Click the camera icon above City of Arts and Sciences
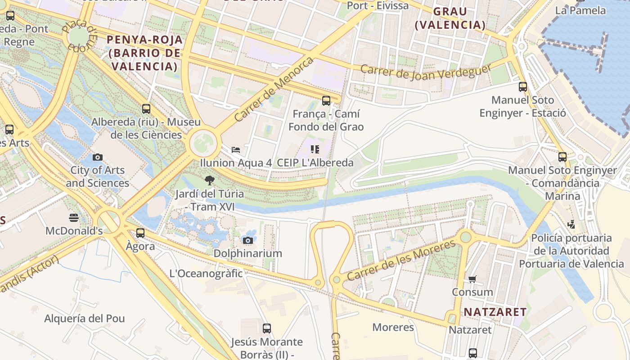click(97, 157)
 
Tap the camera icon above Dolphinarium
click(247, 240)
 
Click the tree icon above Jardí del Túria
click(209, 181)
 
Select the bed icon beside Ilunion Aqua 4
click(235, 149)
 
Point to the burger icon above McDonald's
click(74, 218)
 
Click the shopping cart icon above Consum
click(472, 279)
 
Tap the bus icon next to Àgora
click(140, 233)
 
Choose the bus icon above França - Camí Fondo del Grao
click(326, 101)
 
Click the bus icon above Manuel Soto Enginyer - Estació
click(522, 87)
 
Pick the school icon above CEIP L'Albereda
click(315, 149)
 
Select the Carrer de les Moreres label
click(401, 261)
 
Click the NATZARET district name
click(495, 312)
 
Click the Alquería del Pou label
click(84, 319)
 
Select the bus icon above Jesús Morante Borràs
click(267, 328)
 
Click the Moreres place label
click(393, 327)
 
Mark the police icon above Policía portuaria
click(571, 224)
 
